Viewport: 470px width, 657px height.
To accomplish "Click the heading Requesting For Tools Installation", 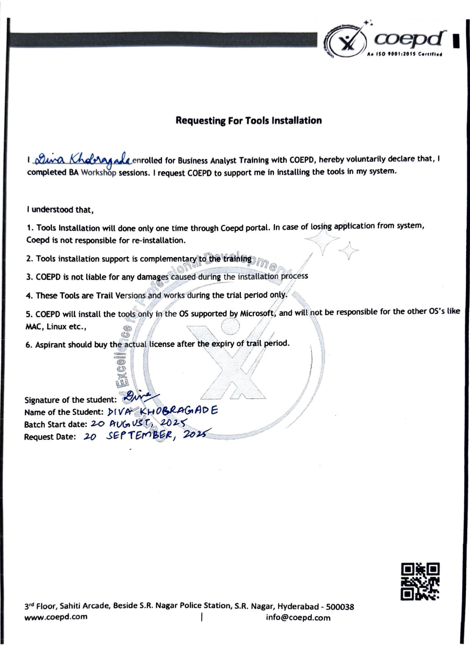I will click(x=249, y=121).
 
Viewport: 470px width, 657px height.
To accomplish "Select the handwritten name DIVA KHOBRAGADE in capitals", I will click(x=163, y=411).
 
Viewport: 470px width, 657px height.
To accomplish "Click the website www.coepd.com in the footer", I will click(x=56, y=617).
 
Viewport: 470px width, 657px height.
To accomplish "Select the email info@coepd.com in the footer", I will click(x=298, y=617).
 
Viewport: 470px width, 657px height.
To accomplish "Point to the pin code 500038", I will click(x=340, y=607).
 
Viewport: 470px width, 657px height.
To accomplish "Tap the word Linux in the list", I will click(x=56, y=327).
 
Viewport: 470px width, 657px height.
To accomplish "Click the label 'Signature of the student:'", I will click(x=70, y=400).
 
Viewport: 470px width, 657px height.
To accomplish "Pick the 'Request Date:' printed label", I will click(x=50, y=437).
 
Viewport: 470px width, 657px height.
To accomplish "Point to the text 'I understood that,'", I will click(x=60, y=210).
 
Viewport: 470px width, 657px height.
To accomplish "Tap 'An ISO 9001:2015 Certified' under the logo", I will click(x=404, y=54).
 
